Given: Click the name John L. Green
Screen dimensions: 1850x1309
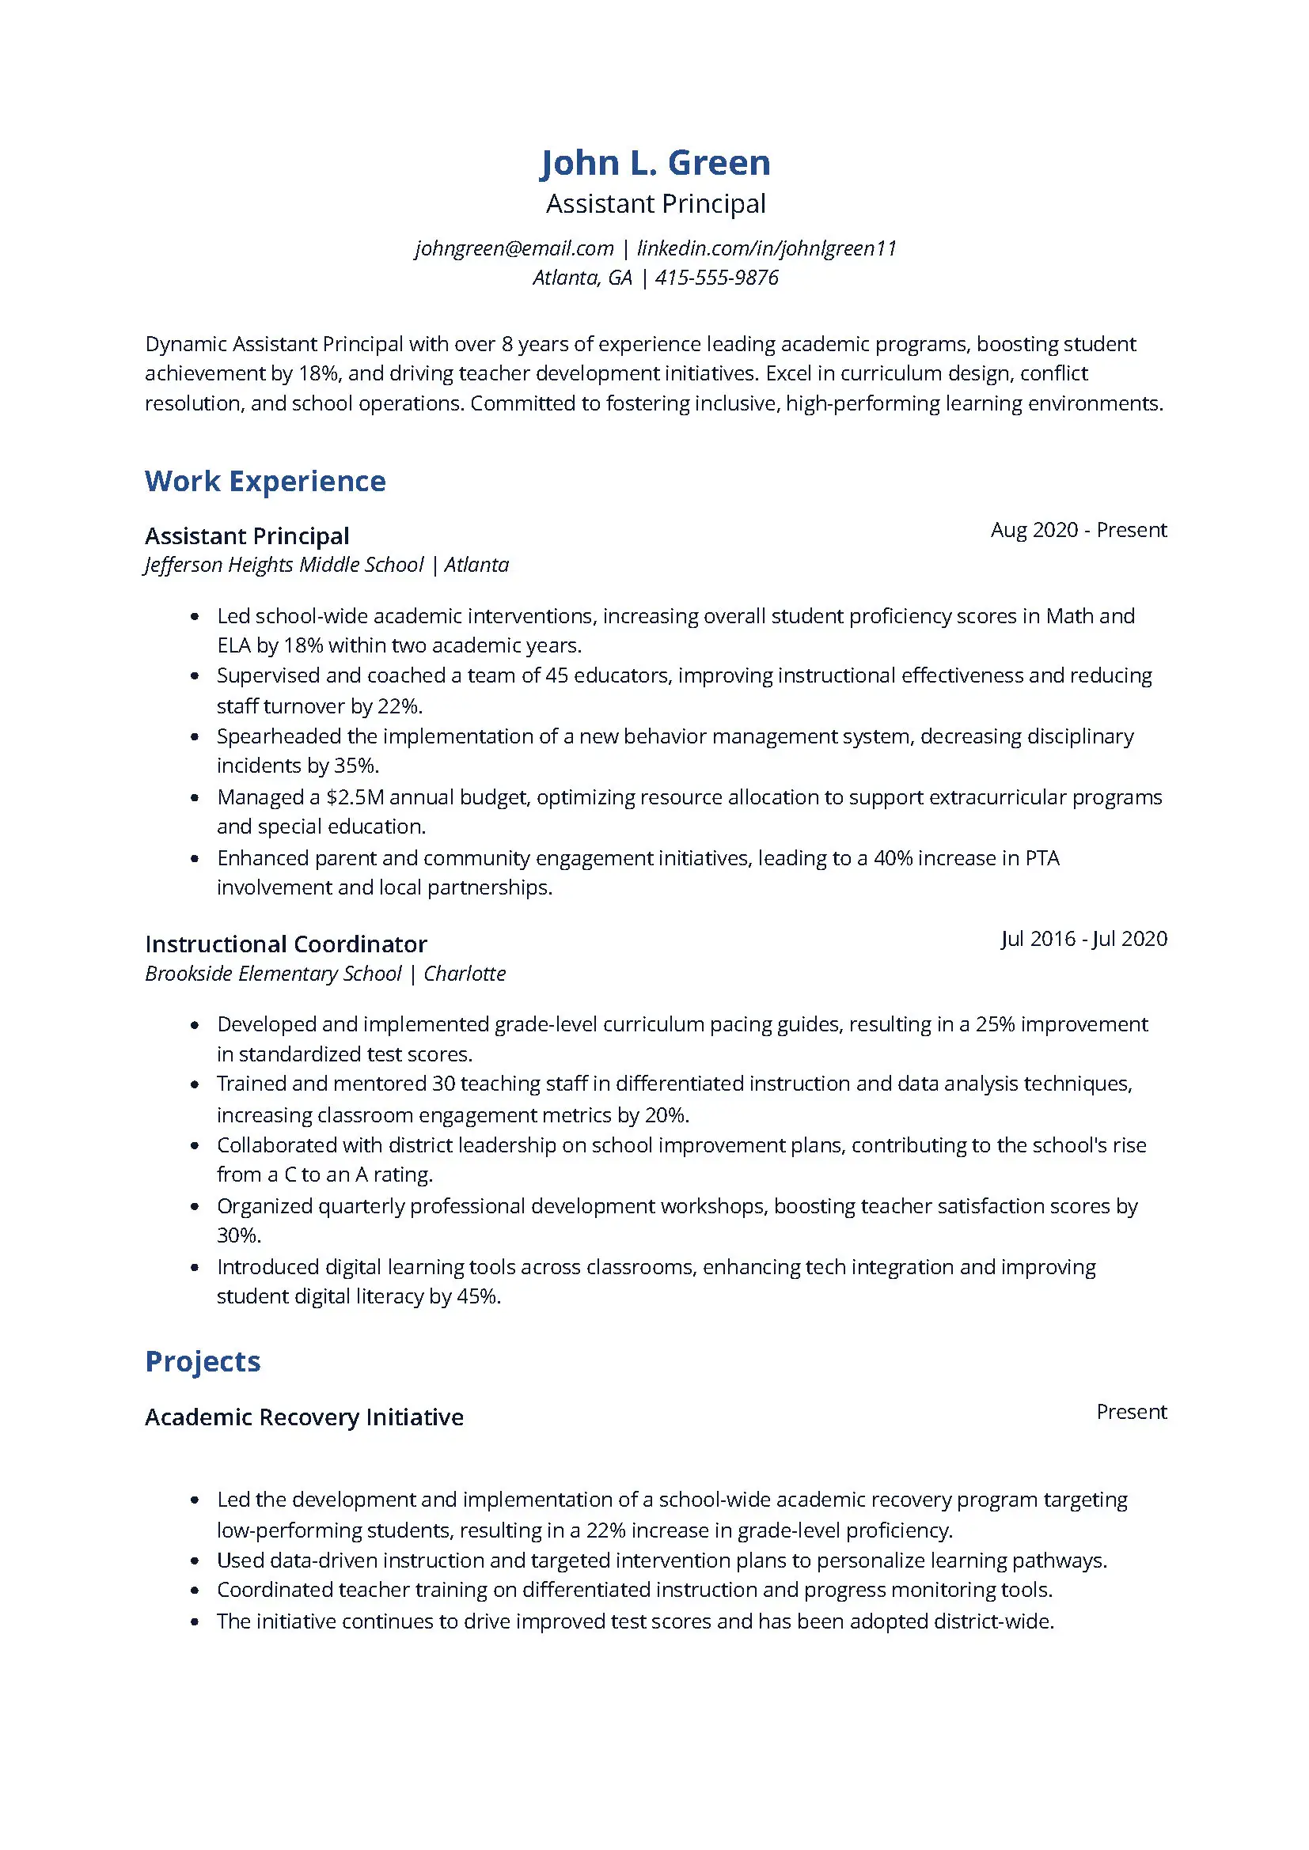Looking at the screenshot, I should pyautogui.click(x=654, y=163).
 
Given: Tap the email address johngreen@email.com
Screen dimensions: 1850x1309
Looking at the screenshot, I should pyautogui.click(x=514, y=248).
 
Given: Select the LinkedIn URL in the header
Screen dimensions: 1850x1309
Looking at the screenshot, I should pyautogui.click(x=767, y=248).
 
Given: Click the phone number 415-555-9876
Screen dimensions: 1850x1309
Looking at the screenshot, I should pyautogui.click(x=716, y=278).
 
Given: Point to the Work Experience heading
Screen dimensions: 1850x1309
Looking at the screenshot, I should pyautogui.click(x=265, y=481).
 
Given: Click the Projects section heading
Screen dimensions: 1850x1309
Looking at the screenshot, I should pyautogui.click(x=203, y=1361).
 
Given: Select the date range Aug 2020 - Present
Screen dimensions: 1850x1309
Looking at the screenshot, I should pyautogui.click(x=1078, y=530).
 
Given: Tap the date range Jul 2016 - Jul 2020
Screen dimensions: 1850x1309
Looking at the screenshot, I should pyautogui.click(x=1083, y=939).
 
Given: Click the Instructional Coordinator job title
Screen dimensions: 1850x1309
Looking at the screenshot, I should pyautogui.click(x=286, y=944).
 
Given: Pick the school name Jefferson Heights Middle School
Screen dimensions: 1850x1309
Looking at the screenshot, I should pyautogui.click(x=285, y=565).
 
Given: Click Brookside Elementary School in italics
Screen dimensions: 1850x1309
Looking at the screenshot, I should pyautogui.click(x=273, y=974).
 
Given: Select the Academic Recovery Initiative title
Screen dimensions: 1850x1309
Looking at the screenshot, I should pyautogui.click(x=304, y=1417).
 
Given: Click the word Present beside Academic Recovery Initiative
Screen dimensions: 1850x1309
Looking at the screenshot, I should pyautogui.click(x=1131, y=1412).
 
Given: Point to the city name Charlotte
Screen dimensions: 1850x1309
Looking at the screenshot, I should pyautogui.click(x=465, y=974).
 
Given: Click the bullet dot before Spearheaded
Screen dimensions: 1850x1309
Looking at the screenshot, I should pyautogui.click(x=194, y=737).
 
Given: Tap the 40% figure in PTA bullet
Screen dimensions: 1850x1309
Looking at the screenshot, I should pyautogui.click(x=892, y=858).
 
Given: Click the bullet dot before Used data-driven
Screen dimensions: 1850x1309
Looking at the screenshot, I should pyautogui.click(x=194, y=1561).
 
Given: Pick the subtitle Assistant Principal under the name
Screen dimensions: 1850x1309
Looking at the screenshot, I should pyautogui.click(x=654, y=204).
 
